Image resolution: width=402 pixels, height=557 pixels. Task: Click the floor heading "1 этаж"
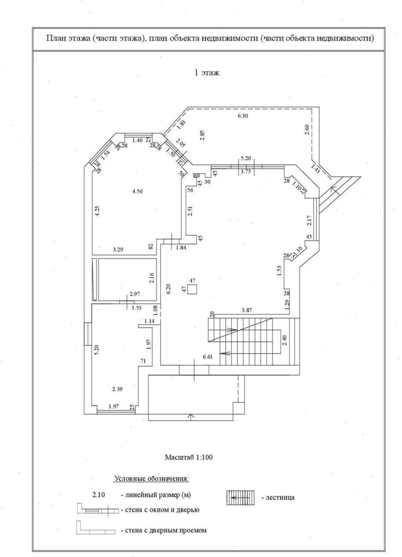[207, 73]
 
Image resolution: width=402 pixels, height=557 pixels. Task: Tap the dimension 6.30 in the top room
[243, 116]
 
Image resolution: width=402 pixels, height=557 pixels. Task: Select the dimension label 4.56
[138, 191]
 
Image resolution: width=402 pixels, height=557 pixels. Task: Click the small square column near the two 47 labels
[192, 289]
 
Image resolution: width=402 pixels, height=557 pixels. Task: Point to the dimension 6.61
[208, 357]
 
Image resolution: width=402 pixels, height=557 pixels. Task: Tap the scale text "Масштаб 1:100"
[189, 457]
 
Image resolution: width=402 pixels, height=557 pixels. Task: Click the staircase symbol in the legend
[240, 497]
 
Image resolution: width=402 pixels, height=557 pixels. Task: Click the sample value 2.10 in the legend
[99, 495]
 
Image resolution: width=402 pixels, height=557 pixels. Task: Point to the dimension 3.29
[117, 249]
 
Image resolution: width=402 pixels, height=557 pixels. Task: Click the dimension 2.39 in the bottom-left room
[117, 389]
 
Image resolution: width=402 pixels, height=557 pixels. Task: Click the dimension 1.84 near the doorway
[181, 248]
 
